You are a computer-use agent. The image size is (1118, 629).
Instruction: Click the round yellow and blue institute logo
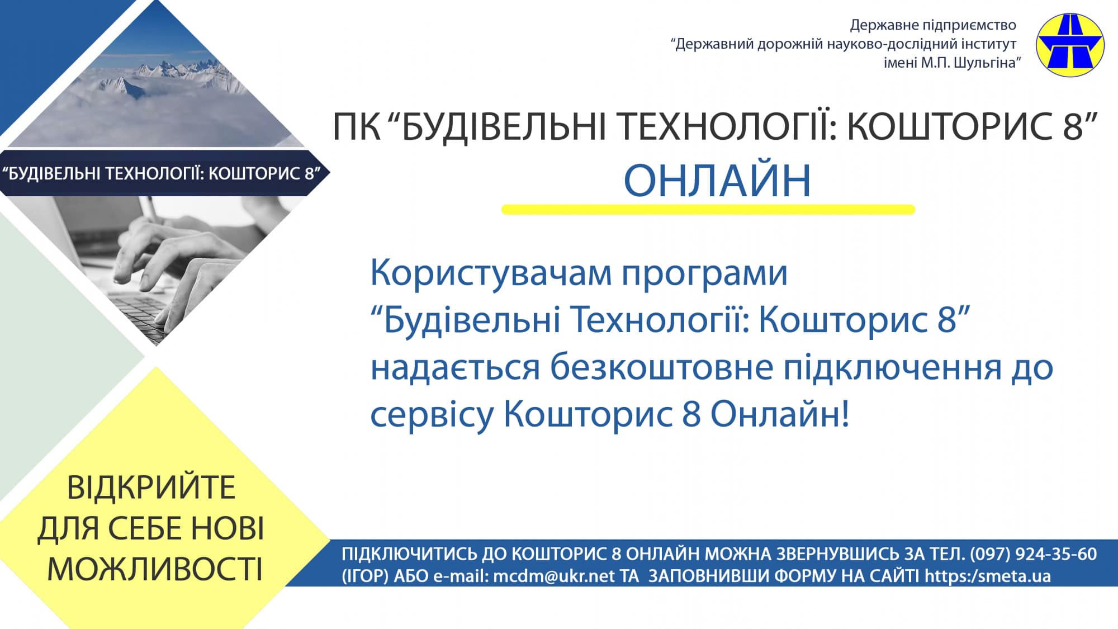point(1070,45)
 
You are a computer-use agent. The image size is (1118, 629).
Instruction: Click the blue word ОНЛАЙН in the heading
point(717,181)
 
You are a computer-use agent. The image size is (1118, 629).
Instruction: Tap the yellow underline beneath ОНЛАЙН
point(708,210)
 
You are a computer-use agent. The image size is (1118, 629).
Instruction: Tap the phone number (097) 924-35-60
point(1034,554)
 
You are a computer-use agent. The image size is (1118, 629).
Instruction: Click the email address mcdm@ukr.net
point(554,576)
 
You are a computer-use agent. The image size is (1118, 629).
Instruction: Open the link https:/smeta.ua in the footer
point(988,576)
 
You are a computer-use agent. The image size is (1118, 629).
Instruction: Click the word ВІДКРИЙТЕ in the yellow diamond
point(151,487)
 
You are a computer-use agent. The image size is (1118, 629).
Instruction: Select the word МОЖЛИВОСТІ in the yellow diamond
point(155,569)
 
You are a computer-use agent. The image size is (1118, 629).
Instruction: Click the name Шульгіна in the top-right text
point(987,63)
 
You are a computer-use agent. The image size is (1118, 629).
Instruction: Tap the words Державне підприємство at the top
point(933,25)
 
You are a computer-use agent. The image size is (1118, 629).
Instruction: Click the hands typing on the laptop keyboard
point(162,263)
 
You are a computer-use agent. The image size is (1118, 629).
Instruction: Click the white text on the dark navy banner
point(161,173)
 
